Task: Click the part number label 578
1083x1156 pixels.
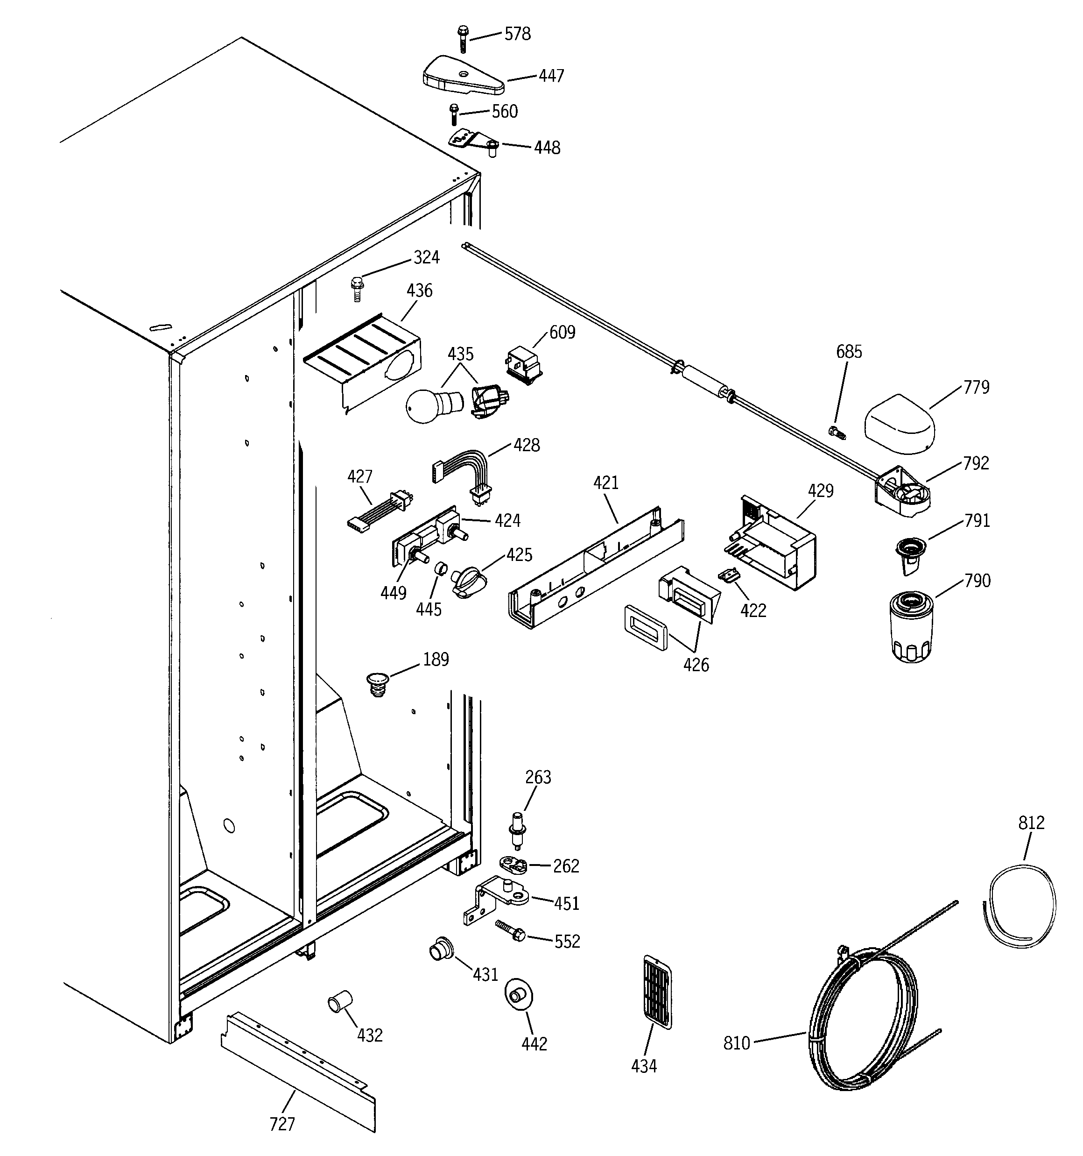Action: pyautogui.click(x=517, y=34)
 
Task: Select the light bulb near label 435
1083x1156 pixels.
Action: pyautogui.click(x=430, y=405)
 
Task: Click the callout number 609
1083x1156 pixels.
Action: pyautogui.click(x=562, y=332)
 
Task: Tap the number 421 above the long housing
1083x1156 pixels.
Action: pyautogui.click(x=606, y=482)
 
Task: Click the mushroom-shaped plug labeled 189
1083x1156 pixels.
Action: pyautogui.click(x=377, y=683)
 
